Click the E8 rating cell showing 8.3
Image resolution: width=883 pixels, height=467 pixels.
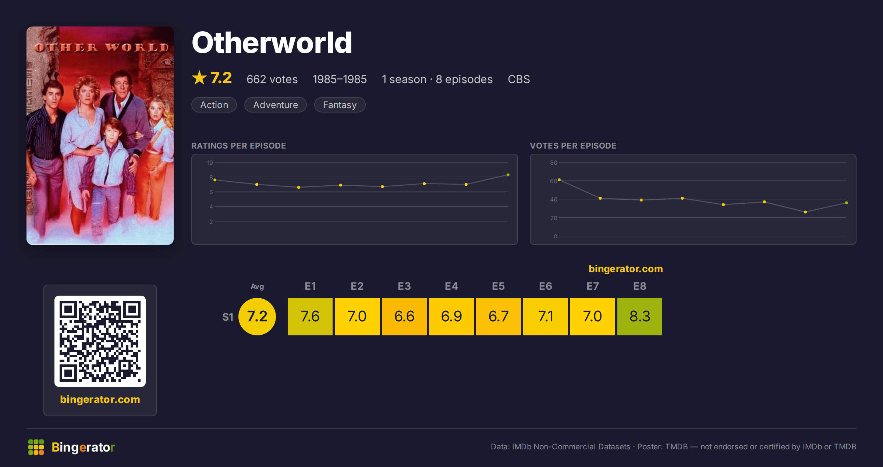click(x=640, y=317)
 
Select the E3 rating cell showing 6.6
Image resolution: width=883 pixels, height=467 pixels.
click(x=404, y=317)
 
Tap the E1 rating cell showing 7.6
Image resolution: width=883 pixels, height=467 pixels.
click(x=310, y=317)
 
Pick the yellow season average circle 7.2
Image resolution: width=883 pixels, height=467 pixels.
click(x=257, y=317)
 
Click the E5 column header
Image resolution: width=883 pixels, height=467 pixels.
click(x=499, y=286)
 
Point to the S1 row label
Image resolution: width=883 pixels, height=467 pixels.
click(x=228, y=317)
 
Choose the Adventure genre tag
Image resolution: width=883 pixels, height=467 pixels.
click(x=276, y=105)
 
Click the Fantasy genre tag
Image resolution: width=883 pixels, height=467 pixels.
click(x=340, y=105)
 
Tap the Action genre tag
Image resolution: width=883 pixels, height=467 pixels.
click(x=214, y=105)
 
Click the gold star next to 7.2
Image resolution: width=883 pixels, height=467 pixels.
click(x=199, y=78)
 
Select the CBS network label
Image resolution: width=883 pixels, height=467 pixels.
click(x=519, y=79)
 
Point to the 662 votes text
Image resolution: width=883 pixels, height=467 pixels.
click(x=272, y=79)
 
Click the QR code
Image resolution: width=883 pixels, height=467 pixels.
click(x=100, y=341)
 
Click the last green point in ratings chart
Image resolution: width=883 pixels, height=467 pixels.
click(x=508, y=175)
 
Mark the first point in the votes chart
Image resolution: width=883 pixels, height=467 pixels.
click(x=559, y=180)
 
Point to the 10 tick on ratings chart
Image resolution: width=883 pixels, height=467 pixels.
click(x=210, y=163)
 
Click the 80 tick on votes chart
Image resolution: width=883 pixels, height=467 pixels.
click(x=554, y=163)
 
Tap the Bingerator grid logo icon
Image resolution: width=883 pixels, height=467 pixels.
click(x=36, y=447)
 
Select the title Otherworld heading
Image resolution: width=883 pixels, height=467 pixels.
click(x=272, y=43)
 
